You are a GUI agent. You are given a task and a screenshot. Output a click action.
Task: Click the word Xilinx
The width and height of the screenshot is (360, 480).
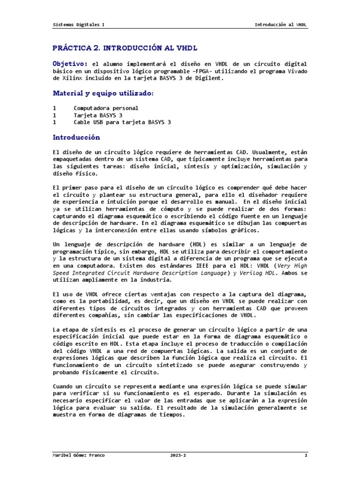point(70,79)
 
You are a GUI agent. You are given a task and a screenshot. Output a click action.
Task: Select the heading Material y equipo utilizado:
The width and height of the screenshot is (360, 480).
point(103,94)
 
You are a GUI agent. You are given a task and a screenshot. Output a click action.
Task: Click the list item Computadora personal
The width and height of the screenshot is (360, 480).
point(106,108)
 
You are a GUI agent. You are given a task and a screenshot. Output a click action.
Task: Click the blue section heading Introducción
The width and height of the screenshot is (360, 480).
point(76,137)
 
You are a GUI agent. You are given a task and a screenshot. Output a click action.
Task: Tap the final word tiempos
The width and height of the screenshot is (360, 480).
point(171,414)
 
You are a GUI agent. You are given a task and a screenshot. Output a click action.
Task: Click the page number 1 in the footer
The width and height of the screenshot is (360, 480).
point(306,456)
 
